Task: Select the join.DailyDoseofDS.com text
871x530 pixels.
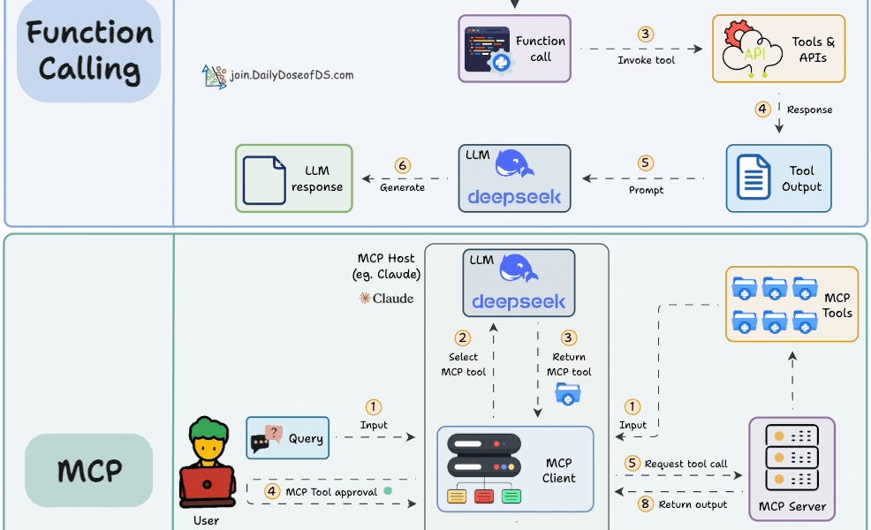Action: (292, 75)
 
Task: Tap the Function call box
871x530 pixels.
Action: (514, 49)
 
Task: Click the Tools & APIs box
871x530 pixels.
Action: (778, 49)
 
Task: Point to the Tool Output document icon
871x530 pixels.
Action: (752, 178)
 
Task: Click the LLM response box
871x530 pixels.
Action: (293, 178)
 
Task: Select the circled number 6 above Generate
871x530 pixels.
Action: (402, 165)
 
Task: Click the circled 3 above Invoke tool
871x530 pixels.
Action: (646, 34)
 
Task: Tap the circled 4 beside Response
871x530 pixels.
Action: (762, 109)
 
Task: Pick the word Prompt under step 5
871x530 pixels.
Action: (646, 190)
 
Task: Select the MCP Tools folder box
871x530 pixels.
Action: (791, 304)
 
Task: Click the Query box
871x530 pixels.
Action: (287, 437)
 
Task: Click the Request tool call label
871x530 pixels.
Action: (685, 464)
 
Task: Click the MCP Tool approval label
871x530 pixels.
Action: (330, 491)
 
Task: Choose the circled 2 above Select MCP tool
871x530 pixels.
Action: (462, 337)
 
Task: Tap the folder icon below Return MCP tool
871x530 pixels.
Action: (568, 394)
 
